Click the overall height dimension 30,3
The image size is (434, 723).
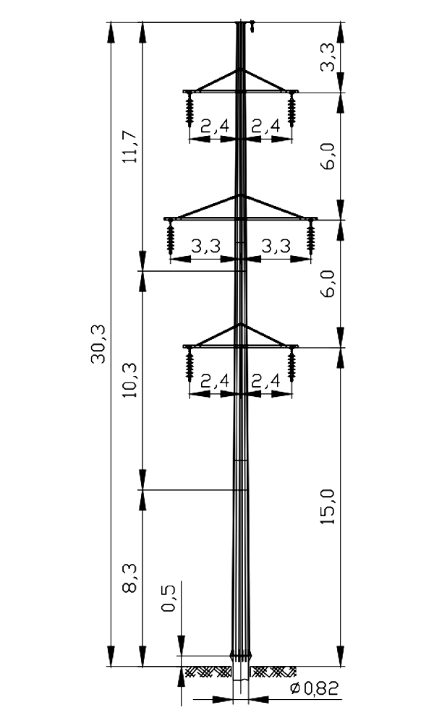click(98, 344)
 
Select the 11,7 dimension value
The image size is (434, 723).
click(130, 147)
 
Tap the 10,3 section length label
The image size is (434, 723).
click(130, 380)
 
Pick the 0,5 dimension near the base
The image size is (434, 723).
click(169, 598)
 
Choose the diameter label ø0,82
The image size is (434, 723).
click(315, 688)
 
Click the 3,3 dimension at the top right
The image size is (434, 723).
click(328, 56)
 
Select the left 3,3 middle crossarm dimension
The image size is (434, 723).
click(206, 247)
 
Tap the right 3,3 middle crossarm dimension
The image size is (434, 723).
click(276, 247)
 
